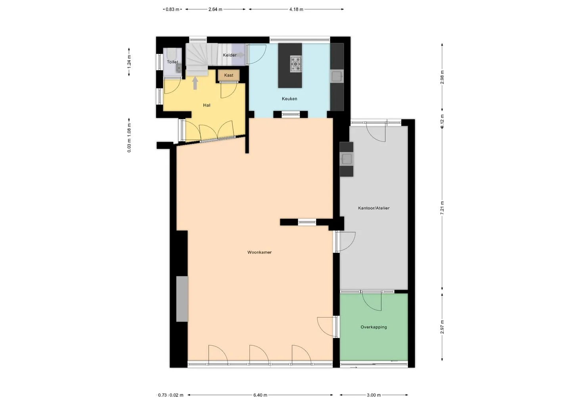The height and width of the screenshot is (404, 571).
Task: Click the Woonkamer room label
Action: coord(259,252)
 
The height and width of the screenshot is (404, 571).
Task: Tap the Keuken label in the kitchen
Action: coord(289,99)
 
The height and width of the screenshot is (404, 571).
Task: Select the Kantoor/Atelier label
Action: coord(374,208)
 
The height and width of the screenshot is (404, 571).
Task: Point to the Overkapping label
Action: coord(374,327)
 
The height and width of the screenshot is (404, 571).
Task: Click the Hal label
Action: coord(207,105)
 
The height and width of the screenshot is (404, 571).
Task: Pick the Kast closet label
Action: coord(229,75)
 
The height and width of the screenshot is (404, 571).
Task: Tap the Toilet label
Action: coord(172,62)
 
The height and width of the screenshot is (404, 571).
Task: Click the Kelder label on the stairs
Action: coord(230,55)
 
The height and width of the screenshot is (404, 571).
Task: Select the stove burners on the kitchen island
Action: coord(296,63)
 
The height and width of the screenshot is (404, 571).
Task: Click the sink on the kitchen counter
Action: coord(337,76)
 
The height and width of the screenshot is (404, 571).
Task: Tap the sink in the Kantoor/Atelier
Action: coord(347,159)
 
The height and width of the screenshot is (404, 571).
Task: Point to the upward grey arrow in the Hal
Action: coord(195,83)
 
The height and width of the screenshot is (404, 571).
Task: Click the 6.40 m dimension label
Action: coord(260,395)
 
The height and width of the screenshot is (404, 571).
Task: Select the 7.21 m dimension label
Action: coord(442,208)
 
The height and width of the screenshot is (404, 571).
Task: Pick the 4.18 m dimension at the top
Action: coord(296,10)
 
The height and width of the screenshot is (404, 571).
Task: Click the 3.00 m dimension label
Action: coord(374,395)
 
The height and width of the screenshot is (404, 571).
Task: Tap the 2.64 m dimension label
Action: coord(215,10)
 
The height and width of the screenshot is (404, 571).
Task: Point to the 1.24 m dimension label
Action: coord(129,62)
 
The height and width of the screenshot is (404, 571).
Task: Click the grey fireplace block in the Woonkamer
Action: coord(182,299)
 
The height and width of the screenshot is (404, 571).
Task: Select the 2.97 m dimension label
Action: coord(442,327)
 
